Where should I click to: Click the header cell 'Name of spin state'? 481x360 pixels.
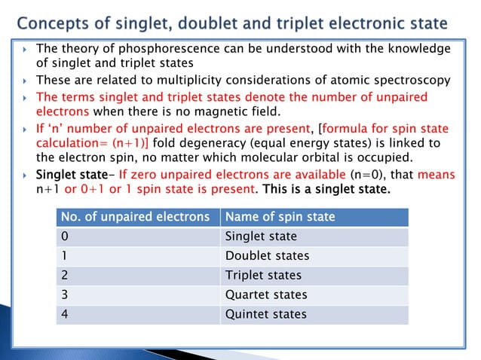point(280,218)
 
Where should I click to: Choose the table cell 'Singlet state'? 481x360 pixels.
point(261,236)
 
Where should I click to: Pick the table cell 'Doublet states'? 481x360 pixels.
point(267,256)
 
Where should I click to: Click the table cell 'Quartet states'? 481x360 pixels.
point(266,294)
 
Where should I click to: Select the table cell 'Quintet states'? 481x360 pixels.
point(265,314)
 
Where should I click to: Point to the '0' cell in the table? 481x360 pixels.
point(65,236)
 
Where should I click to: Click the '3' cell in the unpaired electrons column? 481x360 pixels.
point(65,294)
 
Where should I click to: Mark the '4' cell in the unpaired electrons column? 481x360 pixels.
point(65,314)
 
